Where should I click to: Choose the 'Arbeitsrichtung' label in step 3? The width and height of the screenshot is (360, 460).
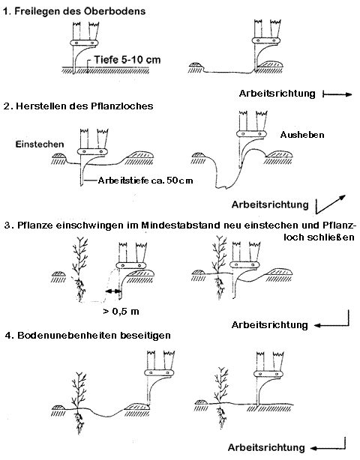click(270, 324)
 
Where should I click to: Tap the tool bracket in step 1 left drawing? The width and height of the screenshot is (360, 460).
click(82, 43)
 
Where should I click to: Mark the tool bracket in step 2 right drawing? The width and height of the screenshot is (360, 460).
click(253, 135)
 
